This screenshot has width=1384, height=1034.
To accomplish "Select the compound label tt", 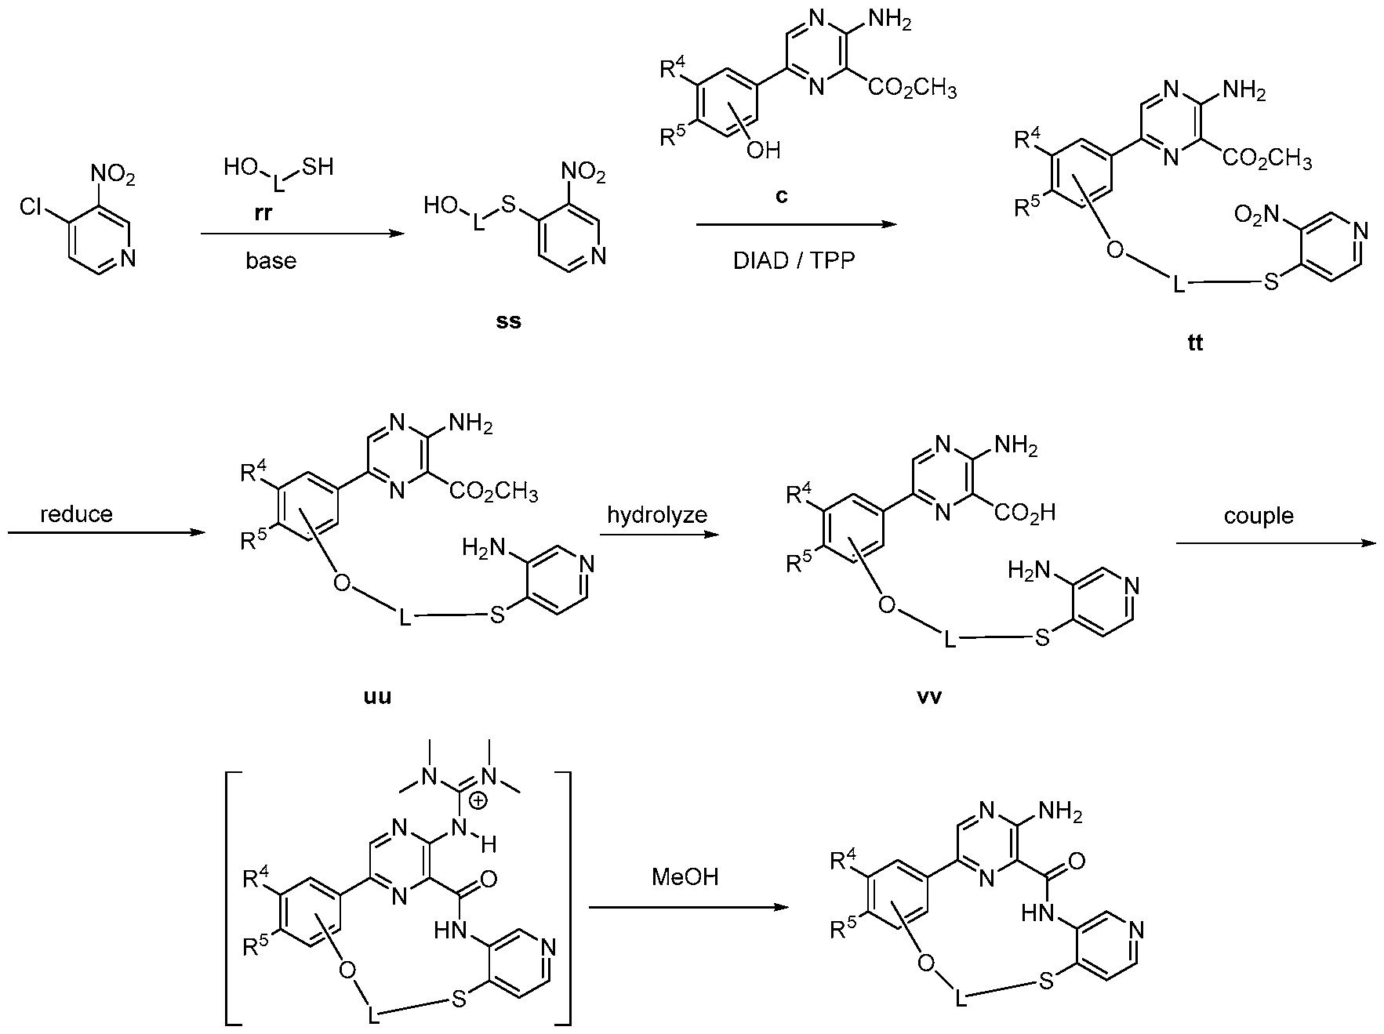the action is click(x=1195, y=343).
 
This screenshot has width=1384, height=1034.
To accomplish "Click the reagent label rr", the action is click(x=263, y=213).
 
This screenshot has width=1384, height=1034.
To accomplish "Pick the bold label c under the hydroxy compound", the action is click(x=781, y=195).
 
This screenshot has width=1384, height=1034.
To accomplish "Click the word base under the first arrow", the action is click(x=271, y=260).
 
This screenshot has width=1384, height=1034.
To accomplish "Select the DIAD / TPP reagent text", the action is click(x=794, y=261).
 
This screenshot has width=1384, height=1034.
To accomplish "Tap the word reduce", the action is click(x=76, y=514).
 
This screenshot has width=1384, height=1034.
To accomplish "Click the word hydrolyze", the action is click(x=657, y=515).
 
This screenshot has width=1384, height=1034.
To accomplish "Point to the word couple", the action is click(x=1259, y=516).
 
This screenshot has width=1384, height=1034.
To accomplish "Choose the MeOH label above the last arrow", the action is click(x=685, y=876).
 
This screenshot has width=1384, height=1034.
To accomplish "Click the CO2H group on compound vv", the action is click(x=1024, y=513).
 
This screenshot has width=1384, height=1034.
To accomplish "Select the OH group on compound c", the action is click(x=763, y=150).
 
